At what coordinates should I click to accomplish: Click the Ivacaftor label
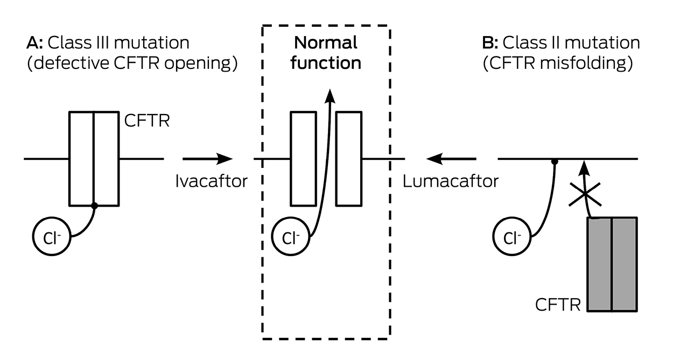[211, 181]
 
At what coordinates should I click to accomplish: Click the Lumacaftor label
[450, 181]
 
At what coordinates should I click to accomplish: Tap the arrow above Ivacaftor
[207, 159]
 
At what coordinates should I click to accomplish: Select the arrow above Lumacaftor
[451, 159]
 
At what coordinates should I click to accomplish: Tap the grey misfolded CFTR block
[612, 264]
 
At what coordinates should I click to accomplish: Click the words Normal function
[326, 52]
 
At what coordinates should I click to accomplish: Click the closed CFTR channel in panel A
[94, 159]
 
